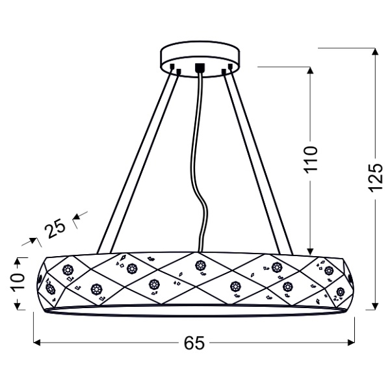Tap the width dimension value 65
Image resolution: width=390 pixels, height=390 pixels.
click(x=194, y=343)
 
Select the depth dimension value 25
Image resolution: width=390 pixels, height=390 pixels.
click(x=55, y=227)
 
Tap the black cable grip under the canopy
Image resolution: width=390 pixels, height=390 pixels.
click(x=200, y=68)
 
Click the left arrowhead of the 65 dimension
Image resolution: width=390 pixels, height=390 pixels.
click(x=37, y=342)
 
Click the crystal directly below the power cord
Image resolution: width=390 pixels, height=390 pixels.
click(x=200, y=265)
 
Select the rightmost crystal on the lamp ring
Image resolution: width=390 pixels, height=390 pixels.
click(x=340, y=291)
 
